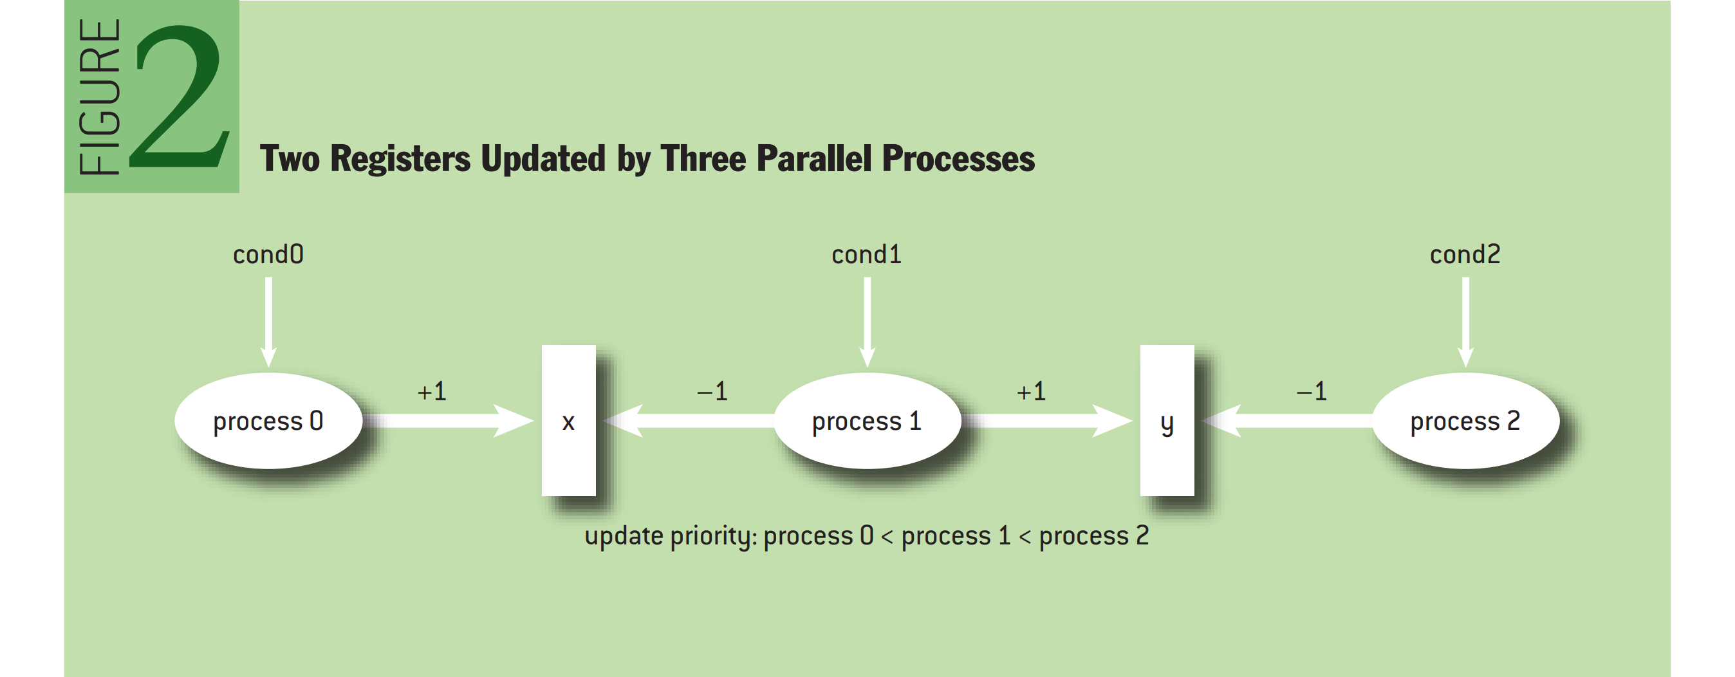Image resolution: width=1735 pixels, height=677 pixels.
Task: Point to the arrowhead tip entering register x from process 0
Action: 535,421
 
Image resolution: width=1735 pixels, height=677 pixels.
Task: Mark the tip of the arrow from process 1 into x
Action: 604,421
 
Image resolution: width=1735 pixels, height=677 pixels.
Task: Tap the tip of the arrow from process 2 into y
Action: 1202,421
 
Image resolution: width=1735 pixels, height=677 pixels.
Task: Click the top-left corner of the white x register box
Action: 542,346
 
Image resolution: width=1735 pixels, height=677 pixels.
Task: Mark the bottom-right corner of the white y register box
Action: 1194,496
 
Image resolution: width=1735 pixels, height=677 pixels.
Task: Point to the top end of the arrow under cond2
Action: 1465,277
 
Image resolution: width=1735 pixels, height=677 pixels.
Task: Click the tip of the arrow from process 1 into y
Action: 1133,421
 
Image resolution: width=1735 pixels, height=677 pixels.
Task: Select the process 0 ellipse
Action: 269,421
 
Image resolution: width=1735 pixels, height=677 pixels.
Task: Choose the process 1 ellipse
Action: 867,421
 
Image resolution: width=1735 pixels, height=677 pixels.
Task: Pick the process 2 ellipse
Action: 1466,421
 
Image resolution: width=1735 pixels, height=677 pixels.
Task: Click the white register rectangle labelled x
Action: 569,421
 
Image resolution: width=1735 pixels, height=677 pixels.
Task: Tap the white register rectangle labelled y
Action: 1167,421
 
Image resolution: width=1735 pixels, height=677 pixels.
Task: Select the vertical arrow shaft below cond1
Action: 867,322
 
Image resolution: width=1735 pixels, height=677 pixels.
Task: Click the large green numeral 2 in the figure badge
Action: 180,97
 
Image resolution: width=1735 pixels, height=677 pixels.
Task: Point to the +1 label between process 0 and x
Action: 432,391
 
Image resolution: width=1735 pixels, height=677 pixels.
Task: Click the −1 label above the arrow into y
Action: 1312,391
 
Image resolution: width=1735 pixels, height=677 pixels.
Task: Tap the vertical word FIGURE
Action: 100,97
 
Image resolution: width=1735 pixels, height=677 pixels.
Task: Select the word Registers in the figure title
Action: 400,159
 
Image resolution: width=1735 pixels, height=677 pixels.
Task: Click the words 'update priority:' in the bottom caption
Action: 671,536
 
